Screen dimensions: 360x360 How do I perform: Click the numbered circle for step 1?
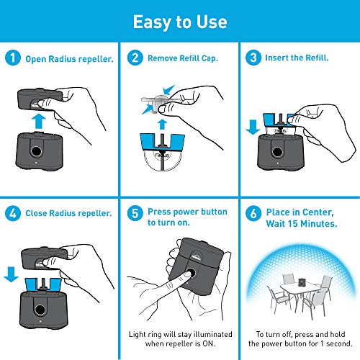(x=13, y=58)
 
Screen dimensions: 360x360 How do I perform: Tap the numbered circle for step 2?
(x=135, y=58)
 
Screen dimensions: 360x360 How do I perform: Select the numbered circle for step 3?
(x=253, y=58)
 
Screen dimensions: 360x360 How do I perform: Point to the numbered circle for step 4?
(x=13, y=213)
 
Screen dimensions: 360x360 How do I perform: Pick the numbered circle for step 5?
(x=135, y=213)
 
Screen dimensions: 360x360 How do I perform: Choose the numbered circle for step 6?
(x=253, y=213)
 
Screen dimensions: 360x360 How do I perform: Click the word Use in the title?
(x=212, y=22)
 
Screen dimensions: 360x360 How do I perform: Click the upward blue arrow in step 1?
(x=39, y=121)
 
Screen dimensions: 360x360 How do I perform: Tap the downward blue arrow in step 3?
(x=253, y=127)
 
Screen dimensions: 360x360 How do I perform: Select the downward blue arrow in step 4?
(x=11, y=274)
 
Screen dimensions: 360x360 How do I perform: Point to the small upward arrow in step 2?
(x=162, y=125)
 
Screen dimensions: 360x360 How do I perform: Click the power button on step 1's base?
(x=36, y=151)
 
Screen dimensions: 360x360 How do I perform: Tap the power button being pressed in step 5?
(x=191, y=274)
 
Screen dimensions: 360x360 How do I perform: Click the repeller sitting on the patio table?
(x=301, y=282)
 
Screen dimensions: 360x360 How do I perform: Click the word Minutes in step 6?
(x=319, y=224)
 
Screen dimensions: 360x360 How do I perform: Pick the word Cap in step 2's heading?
(x=210, y=58)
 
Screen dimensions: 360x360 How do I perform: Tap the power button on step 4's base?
(x=40, y=310)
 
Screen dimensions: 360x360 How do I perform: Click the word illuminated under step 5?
(x=213, y=334)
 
